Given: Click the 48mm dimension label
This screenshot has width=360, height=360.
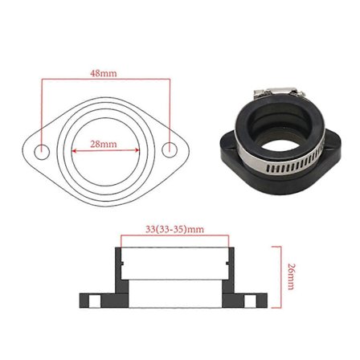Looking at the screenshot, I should tap(104, 73).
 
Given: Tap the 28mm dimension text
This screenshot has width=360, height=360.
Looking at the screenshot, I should tap(104, 144).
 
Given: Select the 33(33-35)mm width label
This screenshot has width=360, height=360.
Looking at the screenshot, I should tap(174, 229).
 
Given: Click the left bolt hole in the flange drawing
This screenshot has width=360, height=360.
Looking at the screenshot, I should tap(45, 151).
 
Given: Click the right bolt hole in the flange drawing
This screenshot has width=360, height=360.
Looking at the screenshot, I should tap(169, 150).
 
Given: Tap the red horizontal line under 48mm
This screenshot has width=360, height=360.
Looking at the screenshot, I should tap(104, 79).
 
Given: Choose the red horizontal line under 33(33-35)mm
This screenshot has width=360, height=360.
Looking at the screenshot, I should tap(174, 235).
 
